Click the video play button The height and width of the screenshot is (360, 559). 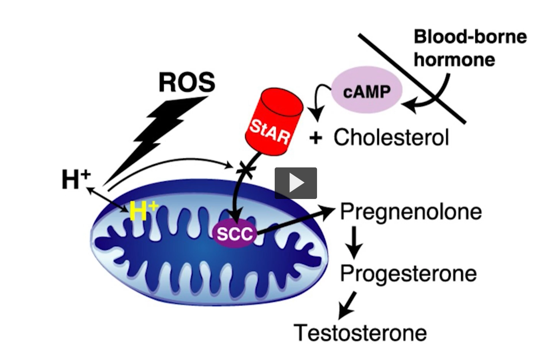pyautogui.click(x=295, y=183)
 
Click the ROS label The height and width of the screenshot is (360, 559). pyautogui.click(x=187, y=82)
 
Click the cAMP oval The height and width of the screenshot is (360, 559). pyautogui.click(x=366, y=91)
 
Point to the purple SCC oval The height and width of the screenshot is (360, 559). pyautogui.click(x=234, y=233)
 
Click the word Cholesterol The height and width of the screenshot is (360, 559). pyautogui.click(x=391, y=137)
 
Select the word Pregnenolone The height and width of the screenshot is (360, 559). pyautogui.click(x=410, y=211)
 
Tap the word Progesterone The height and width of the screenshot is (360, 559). pyautogui.click(x=408, y=274)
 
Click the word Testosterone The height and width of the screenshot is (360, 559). pyautogui.click(x=360, y=333)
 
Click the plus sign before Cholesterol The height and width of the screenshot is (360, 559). pyautogui.click(x=315, y=138)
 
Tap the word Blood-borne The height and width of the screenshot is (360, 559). pyautogui.click(x=470, y=37)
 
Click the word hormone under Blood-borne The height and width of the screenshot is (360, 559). pyautogui.click(x=454, y=60)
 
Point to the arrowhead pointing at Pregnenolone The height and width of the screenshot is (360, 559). pyautogui.click(x=327, y=211)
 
